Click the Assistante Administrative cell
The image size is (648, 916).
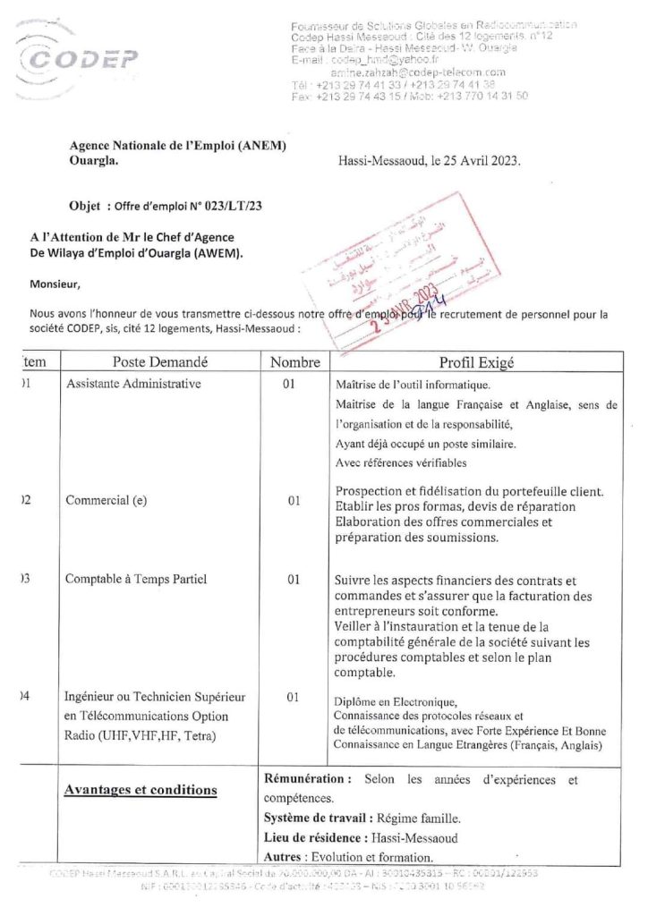pos(133,384)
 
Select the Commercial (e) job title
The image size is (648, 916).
pos(106,501)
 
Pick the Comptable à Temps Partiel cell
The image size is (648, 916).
pos(136,579)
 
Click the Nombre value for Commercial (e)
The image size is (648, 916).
pos(294,501)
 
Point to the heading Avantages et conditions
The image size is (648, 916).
pos(141,790)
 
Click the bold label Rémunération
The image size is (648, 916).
pos(303,780)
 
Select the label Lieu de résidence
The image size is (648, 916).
pos(315,838)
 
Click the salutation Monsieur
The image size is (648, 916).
pos(55,285)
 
